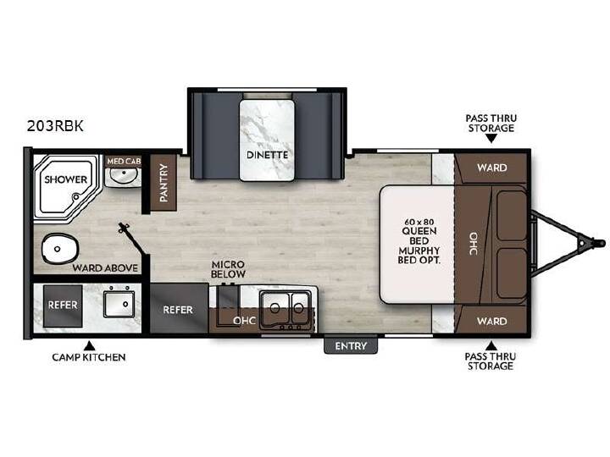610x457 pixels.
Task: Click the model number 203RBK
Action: click(x=55, y=126)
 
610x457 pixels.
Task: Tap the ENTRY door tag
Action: click(x=351, y=346)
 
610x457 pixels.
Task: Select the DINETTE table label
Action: click(x=267, y=155)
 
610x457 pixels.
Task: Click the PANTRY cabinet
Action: click(x=164, y=183)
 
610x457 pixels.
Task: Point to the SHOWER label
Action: click(x=66, y=179)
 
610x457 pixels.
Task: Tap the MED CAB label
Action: click(x=124, y=161)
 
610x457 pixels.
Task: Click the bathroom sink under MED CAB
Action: click(x=124, y=176)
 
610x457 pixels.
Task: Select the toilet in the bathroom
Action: click(x=59, y=249)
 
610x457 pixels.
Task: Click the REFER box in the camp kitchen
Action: click(x=63, y=306)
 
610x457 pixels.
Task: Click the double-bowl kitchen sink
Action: click(x=286, y=307)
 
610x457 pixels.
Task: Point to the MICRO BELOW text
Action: click(x=228, y=269)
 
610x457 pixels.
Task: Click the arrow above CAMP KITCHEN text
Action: click(x=90, y=345)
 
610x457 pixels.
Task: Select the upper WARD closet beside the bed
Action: click(x=491, y=168)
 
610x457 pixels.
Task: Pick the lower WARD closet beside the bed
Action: click(x=491, y=320)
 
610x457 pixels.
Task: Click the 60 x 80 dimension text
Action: click(x=419, y=222)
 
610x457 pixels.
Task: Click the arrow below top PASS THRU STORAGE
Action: click(x=491, y=138)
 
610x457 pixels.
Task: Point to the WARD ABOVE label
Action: click(x=105, y=268)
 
